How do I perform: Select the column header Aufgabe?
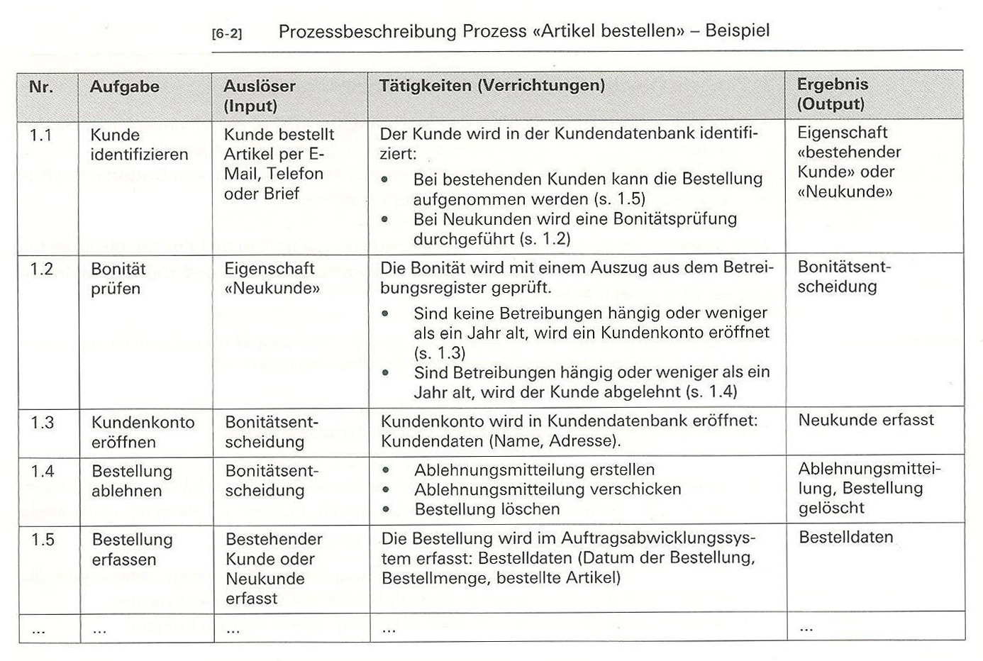tap(124, 87)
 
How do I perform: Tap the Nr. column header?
tap(41, 87)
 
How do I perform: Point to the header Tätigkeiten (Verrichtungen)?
tap(491, 86)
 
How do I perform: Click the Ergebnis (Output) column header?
tap(832, 94)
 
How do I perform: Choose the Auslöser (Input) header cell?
tap(259, 96)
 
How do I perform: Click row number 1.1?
tap(41, 135)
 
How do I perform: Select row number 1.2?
tap(42, 270)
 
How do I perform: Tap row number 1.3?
tap(42, 423)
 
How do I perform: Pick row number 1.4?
tap(42, 471)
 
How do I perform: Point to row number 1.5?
tap(43, 540)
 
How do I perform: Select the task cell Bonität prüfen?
tap(118, 279)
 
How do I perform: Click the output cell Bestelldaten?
tap(845, 537)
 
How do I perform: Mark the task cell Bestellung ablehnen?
tap(131, 481)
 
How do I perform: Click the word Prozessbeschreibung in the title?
tap(367, 31)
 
